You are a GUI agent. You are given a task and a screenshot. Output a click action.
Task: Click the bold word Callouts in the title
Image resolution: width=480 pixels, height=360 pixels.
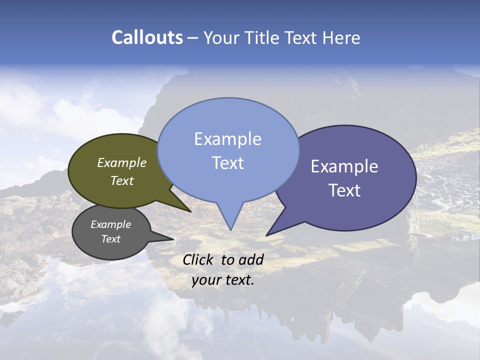click(147, 37)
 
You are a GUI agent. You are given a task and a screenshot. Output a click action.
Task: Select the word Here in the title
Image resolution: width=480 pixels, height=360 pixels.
click(342, 37)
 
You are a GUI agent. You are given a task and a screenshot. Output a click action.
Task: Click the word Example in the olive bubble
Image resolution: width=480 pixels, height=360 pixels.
click(122, 163)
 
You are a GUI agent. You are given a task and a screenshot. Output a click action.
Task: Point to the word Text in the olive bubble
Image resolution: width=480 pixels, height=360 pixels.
click(122, 180)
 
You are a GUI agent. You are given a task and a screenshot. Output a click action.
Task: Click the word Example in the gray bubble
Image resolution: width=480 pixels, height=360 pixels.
click(110, 224)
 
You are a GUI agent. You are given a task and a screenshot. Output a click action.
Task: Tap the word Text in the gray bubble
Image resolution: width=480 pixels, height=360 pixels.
click(110, 239)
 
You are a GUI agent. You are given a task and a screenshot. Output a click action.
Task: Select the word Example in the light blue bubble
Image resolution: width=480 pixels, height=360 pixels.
click(227, 139)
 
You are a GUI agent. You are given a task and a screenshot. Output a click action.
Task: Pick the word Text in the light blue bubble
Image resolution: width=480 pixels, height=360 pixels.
click(227, 163)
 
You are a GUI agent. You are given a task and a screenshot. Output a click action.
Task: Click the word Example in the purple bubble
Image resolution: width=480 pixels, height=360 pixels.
click(344, 166)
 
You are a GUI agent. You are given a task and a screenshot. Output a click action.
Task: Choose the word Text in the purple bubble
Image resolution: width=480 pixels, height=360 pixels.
click(344, 190)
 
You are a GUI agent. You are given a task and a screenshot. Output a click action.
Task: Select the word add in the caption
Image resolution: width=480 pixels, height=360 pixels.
click(251, 259)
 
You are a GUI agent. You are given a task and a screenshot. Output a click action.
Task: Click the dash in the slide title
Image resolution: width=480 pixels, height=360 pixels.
click(193, 38)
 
